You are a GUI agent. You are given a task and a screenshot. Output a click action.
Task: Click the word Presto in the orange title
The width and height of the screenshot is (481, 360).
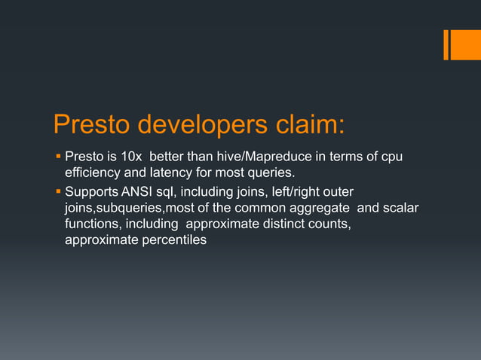coord(97,126)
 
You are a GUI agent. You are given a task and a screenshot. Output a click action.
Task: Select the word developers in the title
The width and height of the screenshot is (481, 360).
coord(210,126)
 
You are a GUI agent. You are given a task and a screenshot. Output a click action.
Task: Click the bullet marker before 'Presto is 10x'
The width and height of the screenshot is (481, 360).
coord(58,157)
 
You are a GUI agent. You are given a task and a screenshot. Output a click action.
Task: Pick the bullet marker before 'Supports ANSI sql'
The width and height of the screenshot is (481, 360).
coord(58,190)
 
